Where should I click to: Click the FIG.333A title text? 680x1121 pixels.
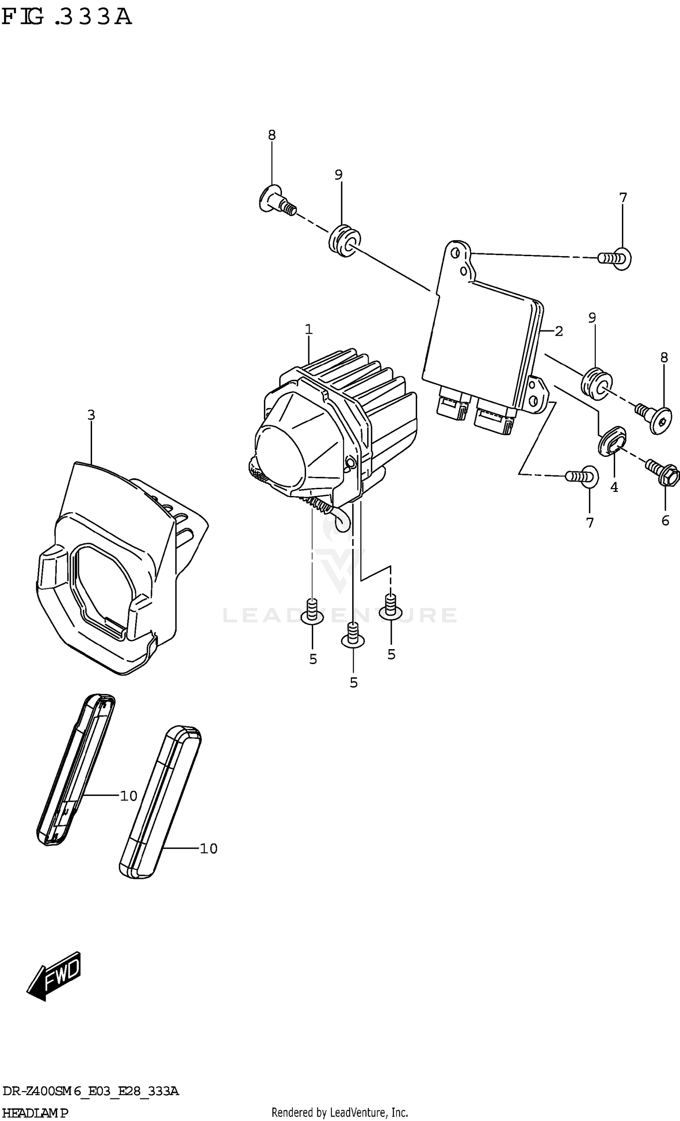[x=67, y=17]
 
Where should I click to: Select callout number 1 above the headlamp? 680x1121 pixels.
[x=309, y=329]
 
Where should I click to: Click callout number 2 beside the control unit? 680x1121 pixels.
[x=559, y=332]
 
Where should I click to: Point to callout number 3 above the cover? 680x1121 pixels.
[x=91, y=415]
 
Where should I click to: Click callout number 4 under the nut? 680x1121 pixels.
[x=614, y=487]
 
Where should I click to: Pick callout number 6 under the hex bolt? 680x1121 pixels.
[x=665, y=520]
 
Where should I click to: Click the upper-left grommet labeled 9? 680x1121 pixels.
[x=344, y=240]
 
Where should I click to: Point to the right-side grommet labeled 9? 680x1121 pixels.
[x=596, y=383]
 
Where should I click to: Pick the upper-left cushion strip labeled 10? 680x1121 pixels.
[x=76, y=769]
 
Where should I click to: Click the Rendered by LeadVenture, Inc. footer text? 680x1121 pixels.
[x=339, y=1113]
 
